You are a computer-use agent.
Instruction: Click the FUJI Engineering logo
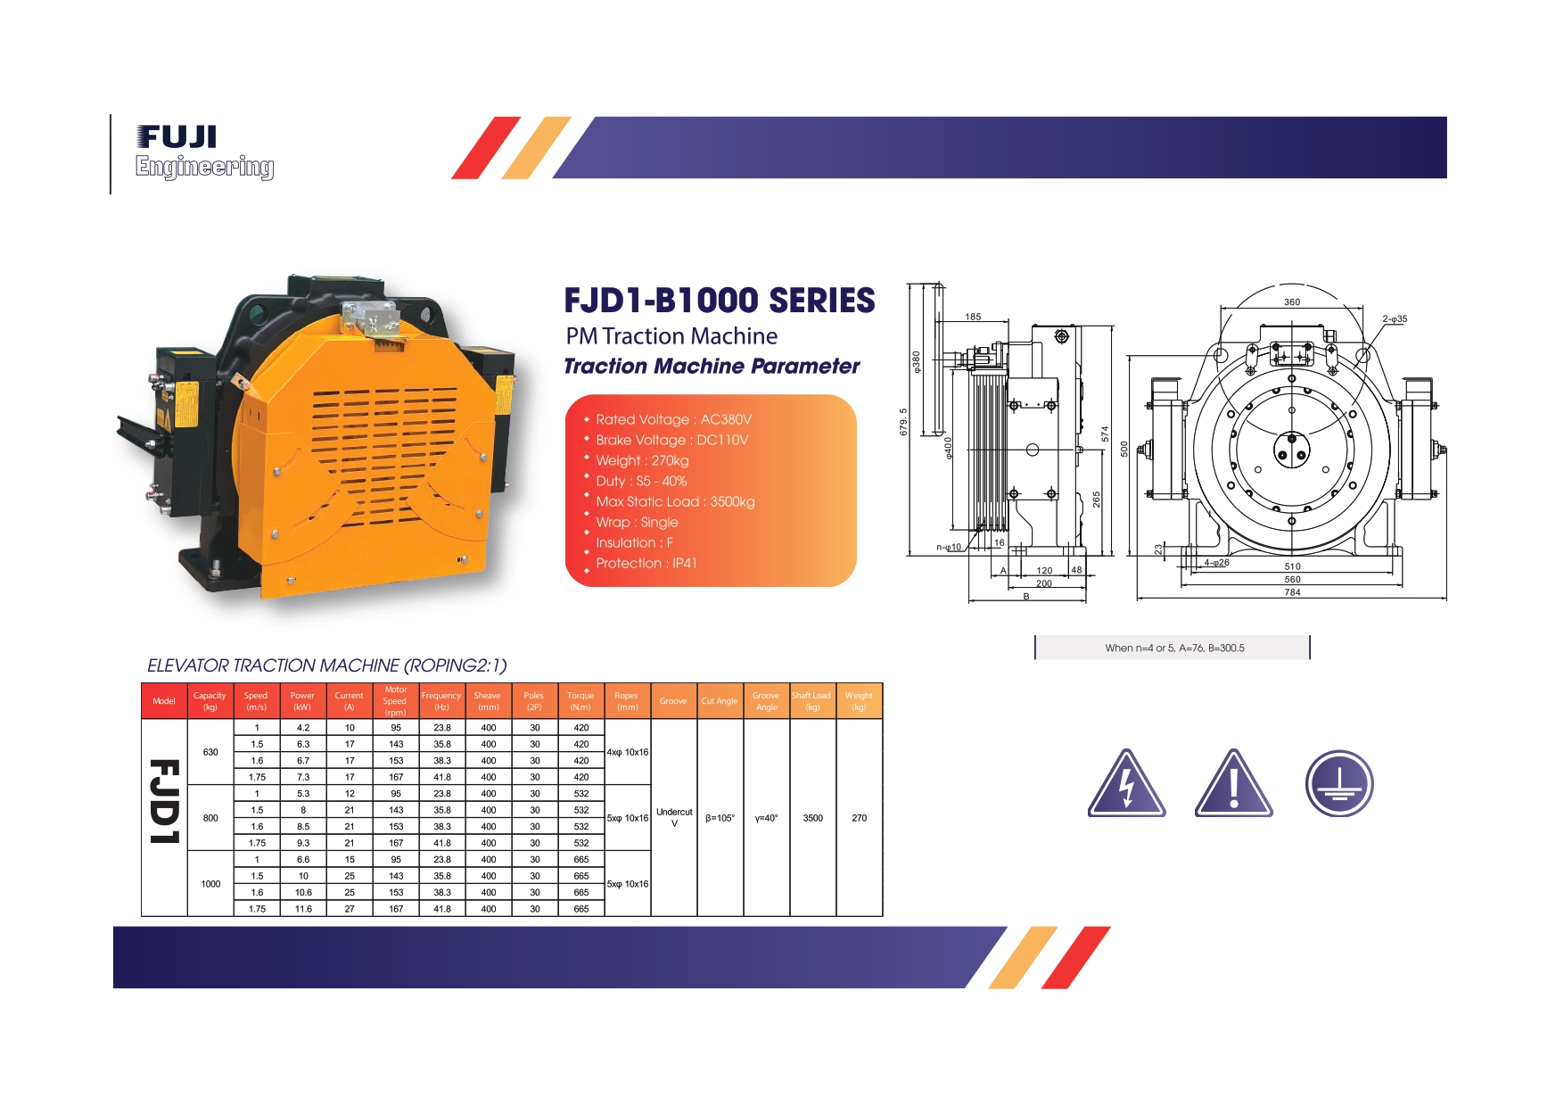pyautogui.click(x=204, y=153)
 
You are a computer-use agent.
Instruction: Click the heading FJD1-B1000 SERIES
pyautogui.click(x=720, y=301)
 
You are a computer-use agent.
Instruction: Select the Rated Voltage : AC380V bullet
pyautogui.click(x=673, y=419)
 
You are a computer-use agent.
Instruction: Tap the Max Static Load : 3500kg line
pyautogui.click(x=675, y=501)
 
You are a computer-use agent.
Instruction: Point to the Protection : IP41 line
pyautogui.click(x=646, y=563)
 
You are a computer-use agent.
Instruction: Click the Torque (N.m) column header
pyautogui.click(x=580, y=701)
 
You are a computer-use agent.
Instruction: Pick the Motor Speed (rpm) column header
pyautogui.click(x=395, y=701)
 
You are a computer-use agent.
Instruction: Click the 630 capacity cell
pyautogui.click(x=210, y=752)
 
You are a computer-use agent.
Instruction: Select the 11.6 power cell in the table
pyautogui.click(x=303, y=909)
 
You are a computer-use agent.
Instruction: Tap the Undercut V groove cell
pyautogui.click(x=674, y=817)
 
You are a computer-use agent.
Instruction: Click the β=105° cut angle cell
pyautogui.click(x=720, y=818)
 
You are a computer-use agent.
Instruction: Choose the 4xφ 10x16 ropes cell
pyautogui.click(x=628, y=752)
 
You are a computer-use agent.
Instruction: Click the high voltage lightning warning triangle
pyautogui.click(x=1127, y=784)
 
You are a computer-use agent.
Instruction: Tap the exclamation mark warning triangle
pyautogui.click(x=1234, y=784)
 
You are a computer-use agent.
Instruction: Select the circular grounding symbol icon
pyautogui.click(x=1339, y=784)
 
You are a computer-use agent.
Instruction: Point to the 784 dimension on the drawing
pyautogui.click(x=1292, y=592)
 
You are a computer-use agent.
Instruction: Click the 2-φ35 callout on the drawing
pyautogui.click(x=1395, y=318)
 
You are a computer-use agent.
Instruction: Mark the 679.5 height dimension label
pyautogui.click(x=903, y=422)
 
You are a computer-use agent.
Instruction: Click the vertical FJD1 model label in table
pyautogui.click(x=165, y=801)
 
